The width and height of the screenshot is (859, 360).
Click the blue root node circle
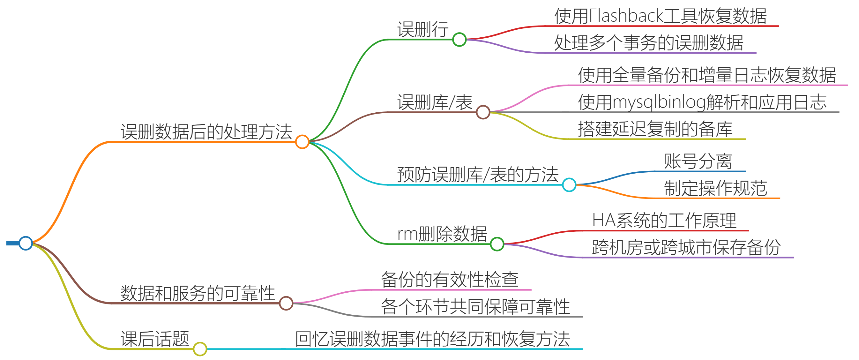pyautogui.click(x=26, y=243)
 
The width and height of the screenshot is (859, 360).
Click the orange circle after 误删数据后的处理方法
pyautogui.click(x=302, y=142)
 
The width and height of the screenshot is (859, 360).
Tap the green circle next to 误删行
pyautogui.click(x=459, y=40)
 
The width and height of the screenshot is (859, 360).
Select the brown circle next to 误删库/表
pyautogui.click(x=483, y=112)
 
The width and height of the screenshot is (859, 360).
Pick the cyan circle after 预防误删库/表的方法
pyautogui.click(x=569, y=184)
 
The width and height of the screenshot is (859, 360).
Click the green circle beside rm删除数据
pyautogui.click(x=497, y=244)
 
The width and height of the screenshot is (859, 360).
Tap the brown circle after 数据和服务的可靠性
pyautogui.click(x=286, y=303)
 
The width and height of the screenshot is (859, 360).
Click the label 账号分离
pyautogui.click(x=698, y=161)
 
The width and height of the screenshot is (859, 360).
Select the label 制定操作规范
pyautogui.click(x=715, y=188)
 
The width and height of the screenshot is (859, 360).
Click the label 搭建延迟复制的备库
pyautogui.click(x=655, y=129)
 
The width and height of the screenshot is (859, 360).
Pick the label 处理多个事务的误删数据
pyautogui.click(x=649, y=43)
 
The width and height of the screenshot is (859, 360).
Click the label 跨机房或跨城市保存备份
pyautogui.click(x=686, y=248)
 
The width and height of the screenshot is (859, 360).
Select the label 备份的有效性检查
pyautogui.click(x=450, y=280)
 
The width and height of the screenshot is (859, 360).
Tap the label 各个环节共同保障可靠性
pyautogui.click(x=475, y=307)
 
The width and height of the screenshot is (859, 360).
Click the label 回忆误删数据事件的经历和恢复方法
pyautogui.click(x=432, y=339)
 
